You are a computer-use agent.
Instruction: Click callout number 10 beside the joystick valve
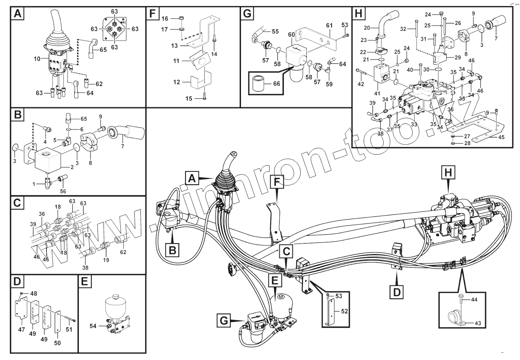pyautogui.click(x=37, y=59)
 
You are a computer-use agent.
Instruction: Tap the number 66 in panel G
pyautogui.click(x=277, y=83)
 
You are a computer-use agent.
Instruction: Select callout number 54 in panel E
pyautogui.click(x=93, y=326)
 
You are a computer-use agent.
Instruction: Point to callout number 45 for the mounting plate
pyautogui.click(x=501, y=137)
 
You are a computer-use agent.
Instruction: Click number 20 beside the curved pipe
pyautogui.click(x=367, y=28)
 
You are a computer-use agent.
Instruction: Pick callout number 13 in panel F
pyautogui.click(x=174, y=46)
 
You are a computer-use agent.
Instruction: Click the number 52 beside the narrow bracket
pyautogui.click(x=344, y=311)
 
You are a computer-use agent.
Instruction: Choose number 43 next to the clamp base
pyautogui.click(x=478, y=323)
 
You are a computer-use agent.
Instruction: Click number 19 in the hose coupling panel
pyautogui.click(x=106, y=260)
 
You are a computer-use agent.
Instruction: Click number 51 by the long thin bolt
pyautogui.click(x=69, y=330)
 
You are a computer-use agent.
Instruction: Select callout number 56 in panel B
pyautogui.click(x=63, y=191)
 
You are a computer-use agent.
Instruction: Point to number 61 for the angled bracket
pyautogui.click(x=329, y=26)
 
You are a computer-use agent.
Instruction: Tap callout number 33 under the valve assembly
pyautogui.click(x=414, y=124)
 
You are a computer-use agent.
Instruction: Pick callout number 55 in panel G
pyautogui.click(x=275, y=32)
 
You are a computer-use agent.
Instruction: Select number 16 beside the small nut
pyautogui.click(x=164, y=19)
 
